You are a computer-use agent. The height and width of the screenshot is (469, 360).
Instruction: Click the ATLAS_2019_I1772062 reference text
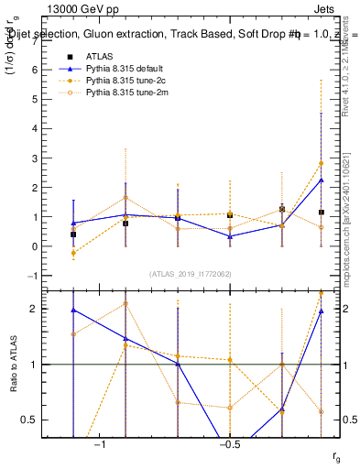coord(191,274)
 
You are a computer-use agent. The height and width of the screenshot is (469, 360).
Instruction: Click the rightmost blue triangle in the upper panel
coord(321,180)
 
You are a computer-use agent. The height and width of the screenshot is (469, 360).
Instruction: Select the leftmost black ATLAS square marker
coord(73,234)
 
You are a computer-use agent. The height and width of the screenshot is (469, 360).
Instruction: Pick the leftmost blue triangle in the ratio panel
coord(73,311)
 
